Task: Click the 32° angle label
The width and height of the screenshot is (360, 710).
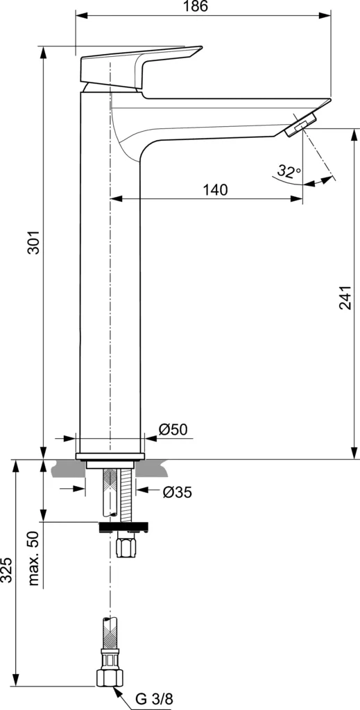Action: click(289, 170)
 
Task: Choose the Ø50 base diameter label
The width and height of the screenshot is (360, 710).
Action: click(173, 430)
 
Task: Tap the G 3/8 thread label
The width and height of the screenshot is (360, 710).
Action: click(154, 700)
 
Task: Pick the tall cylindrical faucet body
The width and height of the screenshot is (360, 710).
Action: click(111, 277)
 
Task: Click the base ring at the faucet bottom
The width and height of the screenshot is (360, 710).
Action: click(111, 456)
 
